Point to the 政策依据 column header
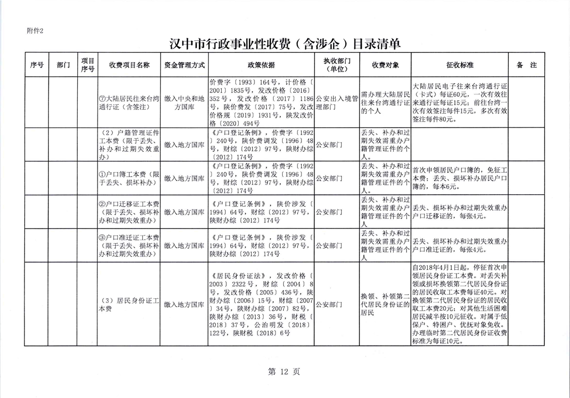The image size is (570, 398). point(261,65)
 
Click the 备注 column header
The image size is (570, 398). point(526,65)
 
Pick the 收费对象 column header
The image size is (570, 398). point(386,65)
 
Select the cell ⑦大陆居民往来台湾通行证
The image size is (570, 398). point(129,102)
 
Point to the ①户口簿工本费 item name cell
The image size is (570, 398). point(129,178)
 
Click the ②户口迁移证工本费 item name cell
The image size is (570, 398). point(129,212)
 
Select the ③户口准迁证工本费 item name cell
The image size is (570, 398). point(129,246)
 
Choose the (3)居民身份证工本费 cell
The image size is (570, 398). point(129,304)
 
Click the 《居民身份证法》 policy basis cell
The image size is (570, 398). point(261,304)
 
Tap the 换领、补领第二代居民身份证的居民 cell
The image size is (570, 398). point(386,304)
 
